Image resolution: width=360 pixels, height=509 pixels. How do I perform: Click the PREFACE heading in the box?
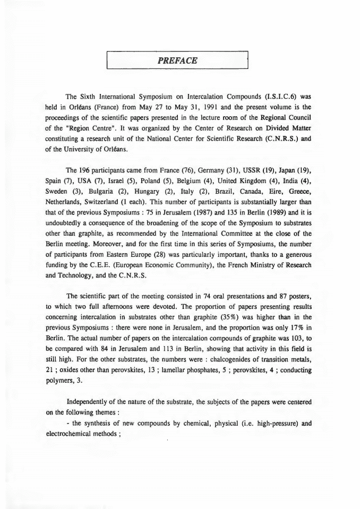[178, 61]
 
